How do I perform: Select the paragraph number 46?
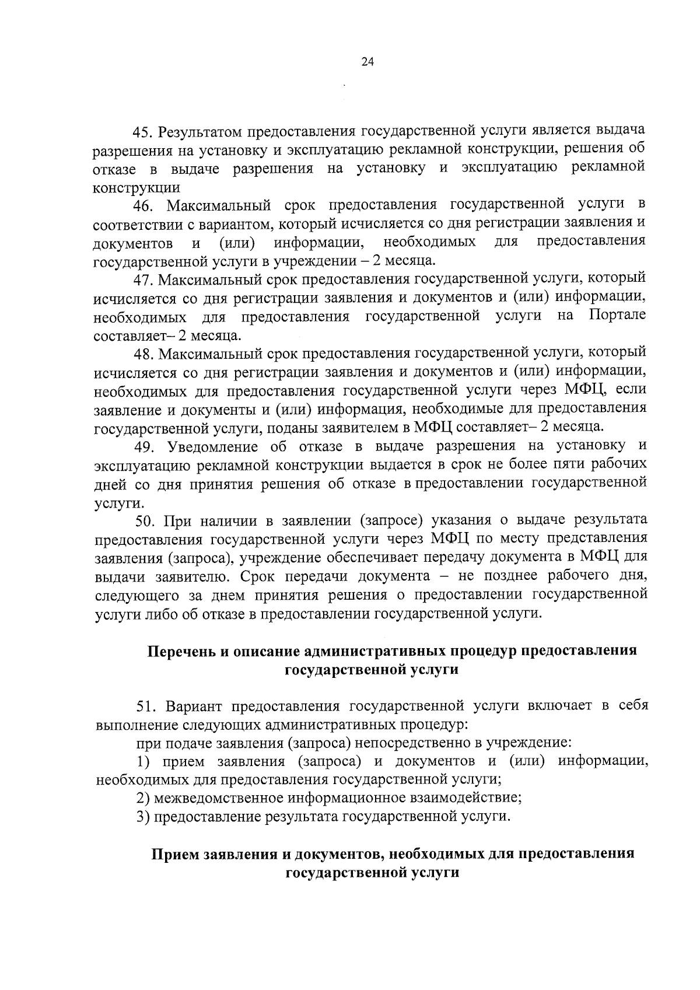144,206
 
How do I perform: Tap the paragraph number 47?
144,281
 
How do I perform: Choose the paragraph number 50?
144,520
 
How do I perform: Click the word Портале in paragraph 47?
617,316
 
